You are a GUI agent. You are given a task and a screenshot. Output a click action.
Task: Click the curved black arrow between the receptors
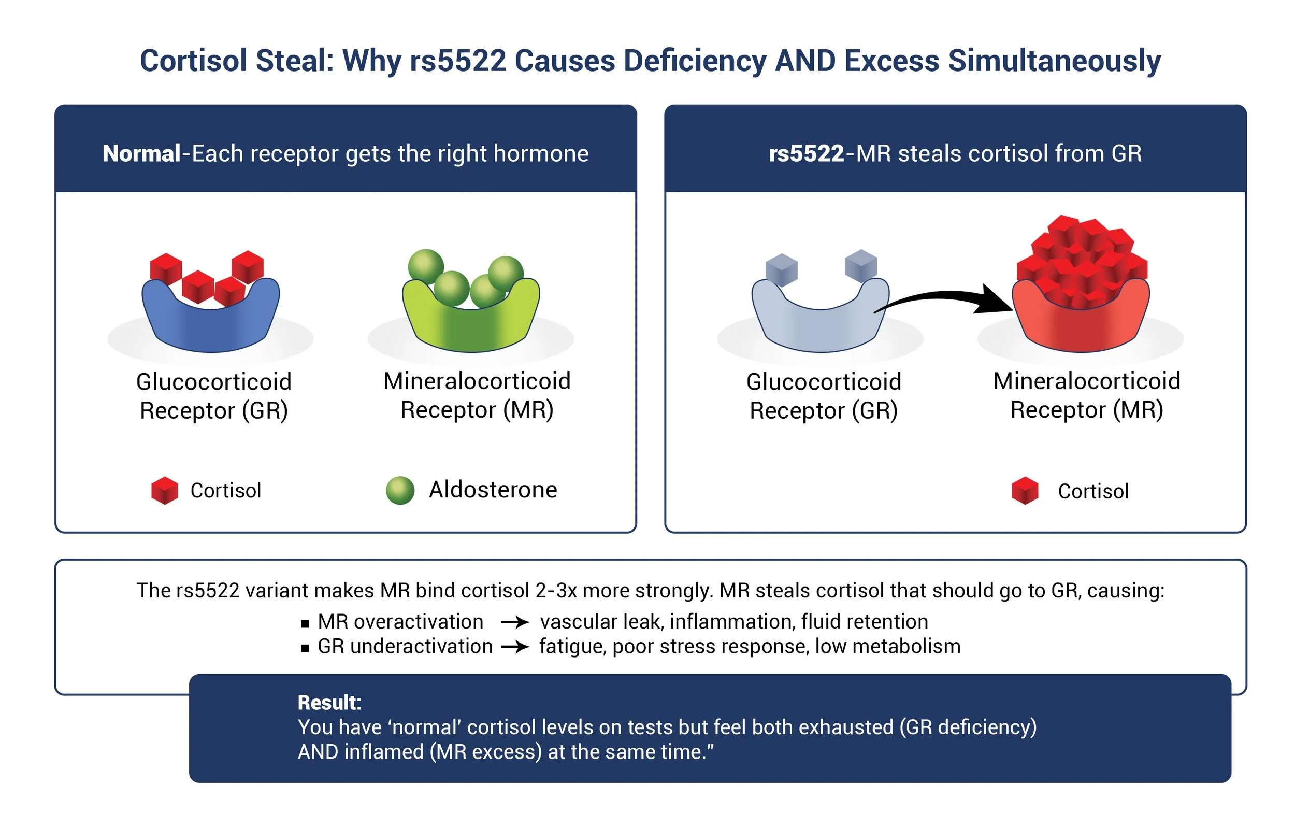(x=946, y=299)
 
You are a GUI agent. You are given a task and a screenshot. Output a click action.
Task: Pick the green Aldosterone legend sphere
(x=400, y=491)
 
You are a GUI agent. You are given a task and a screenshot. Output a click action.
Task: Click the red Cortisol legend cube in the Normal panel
(x=165, y=491)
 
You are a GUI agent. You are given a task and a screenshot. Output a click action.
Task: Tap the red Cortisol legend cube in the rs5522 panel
(x=1025, y=491)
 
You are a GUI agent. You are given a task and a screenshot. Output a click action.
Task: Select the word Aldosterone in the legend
(x=493, y=490)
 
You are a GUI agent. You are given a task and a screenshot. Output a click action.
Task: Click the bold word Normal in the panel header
(x=141, y=154)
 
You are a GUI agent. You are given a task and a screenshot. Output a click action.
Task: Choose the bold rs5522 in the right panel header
(x=806, y=154)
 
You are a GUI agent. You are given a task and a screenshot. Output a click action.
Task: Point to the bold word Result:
(x=329, y=703)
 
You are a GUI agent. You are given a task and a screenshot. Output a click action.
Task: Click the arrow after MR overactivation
(x=515, y=622)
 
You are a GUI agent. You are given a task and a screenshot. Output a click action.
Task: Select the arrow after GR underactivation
(x=515, y=646)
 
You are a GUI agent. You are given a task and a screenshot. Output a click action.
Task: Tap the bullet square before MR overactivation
(x=305, y=623)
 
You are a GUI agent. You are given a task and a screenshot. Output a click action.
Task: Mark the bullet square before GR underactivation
(x=305, y=648)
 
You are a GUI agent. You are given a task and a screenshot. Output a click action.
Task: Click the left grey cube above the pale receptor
(x=782, y=269)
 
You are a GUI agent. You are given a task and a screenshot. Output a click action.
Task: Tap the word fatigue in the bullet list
(x=573, y=646)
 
